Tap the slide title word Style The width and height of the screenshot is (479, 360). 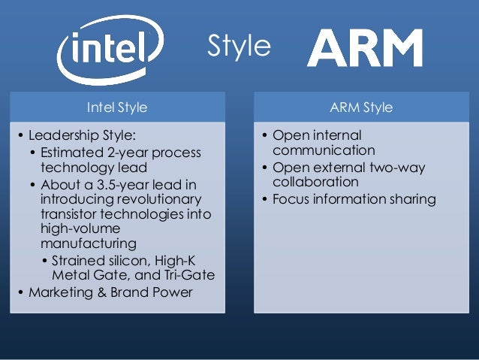239,47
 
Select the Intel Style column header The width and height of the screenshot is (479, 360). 117,107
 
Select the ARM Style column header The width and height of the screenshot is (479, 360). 361,107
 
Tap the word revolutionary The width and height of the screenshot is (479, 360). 158,199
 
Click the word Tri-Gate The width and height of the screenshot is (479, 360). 188,275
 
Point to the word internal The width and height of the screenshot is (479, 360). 335,136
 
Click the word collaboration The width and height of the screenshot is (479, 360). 315,183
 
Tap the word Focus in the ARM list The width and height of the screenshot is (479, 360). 290,199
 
